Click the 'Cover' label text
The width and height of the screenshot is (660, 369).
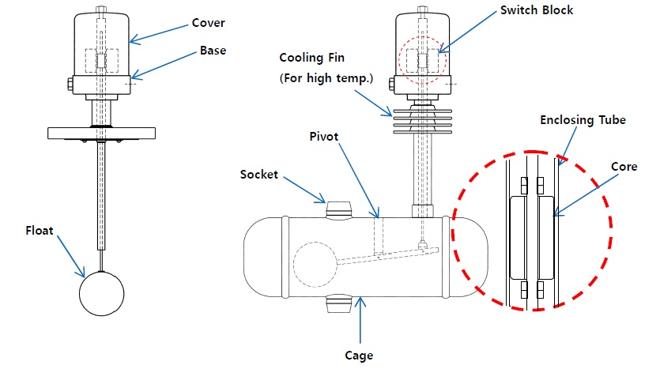coord(208,23)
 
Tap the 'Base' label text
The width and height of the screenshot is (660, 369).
coord(212,51)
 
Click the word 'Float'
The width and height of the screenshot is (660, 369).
coord(40,232)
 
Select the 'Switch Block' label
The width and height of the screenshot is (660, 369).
coord(536,11)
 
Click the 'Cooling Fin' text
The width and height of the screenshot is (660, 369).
coord(311,58)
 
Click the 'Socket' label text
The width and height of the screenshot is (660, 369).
coord(259,174)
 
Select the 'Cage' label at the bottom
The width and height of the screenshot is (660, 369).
coord(359,356)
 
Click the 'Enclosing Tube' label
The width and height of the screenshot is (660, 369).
coord(583,120)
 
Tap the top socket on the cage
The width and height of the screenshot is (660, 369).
coord(341,209)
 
